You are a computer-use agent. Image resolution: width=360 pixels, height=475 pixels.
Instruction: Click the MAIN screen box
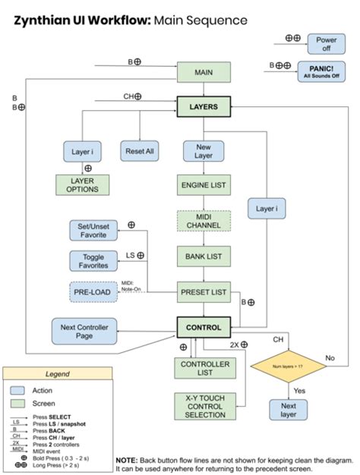[x=203, y=73]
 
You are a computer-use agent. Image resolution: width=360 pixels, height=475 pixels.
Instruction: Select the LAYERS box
[x=203, y=107]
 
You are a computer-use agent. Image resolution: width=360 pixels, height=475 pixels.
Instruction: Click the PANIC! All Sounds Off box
[x=321, y=71]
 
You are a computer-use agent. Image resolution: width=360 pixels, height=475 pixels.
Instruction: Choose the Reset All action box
[x=140, y=152]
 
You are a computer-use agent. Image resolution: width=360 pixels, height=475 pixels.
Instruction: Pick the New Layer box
[x=203, y=152]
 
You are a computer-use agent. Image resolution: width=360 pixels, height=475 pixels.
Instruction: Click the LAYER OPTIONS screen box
[x=82, y=185]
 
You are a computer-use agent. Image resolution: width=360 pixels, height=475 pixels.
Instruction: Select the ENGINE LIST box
[x=203, y=184]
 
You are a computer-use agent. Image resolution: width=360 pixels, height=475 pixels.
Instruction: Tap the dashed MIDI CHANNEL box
[x=203, y=221]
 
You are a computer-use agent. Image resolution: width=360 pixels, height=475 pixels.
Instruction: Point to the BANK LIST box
[x=203, y=257]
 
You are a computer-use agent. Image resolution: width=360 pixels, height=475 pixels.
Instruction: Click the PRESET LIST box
[x=203, y=292]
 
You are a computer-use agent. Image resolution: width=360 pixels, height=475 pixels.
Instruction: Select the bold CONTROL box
[x=203, y=328]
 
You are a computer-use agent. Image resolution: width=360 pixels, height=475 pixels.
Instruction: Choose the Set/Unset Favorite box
[x=93, y=231]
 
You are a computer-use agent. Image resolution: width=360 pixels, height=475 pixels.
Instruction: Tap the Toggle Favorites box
[x=93, y=260]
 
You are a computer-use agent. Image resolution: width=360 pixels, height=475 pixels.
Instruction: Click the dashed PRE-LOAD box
[x=93, y=292]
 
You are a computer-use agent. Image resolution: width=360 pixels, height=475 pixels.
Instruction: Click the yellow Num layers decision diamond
[x=288, y=366]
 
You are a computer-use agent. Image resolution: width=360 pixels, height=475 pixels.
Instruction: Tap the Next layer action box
[x=288, y=411]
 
